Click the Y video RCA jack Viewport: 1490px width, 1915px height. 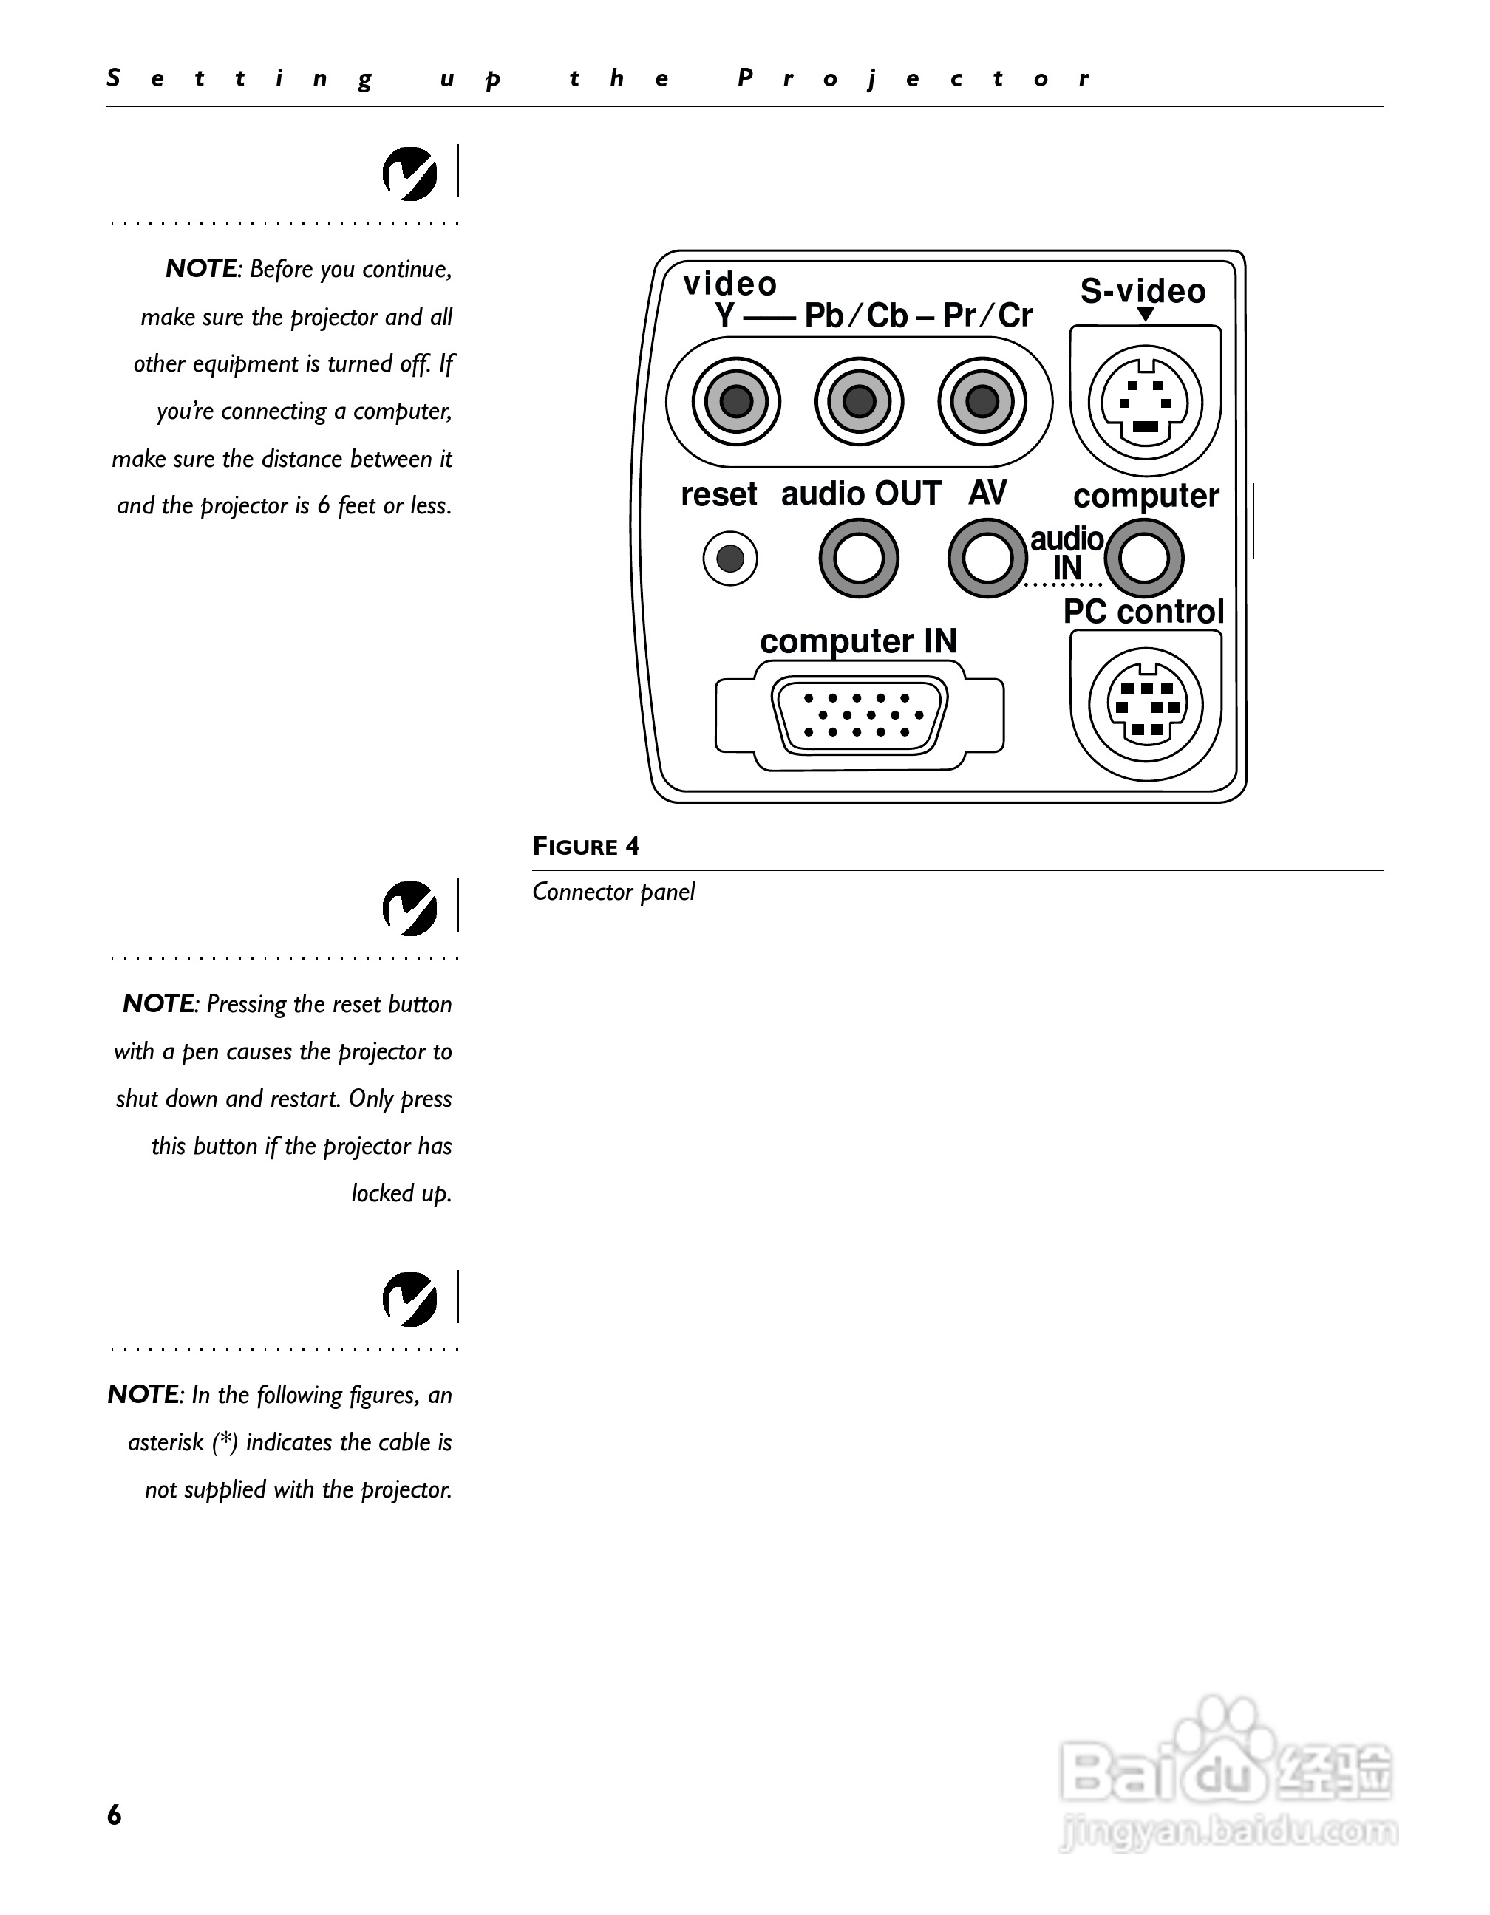[736, 402]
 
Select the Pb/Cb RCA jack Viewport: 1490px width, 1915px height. [859, 402]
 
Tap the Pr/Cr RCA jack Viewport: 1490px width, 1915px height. [982, 402]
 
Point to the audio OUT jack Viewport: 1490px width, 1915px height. [859, 559]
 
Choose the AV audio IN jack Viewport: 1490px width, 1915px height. [987, 559]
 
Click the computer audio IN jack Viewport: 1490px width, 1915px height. [1144, 559]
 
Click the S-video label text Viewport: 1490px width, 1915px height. [1143, 291]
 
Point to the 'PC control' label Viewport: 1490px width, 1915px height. [1143, 612]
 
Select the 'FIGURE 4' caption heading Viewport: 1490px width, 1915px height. [586, 846]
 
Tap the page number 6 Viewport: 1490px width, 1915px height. [114, 1815]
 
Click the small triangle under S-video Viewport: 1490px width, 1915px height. [1144, 315]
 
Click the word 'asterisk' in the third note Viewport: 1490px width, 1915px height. [165, 1442]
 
